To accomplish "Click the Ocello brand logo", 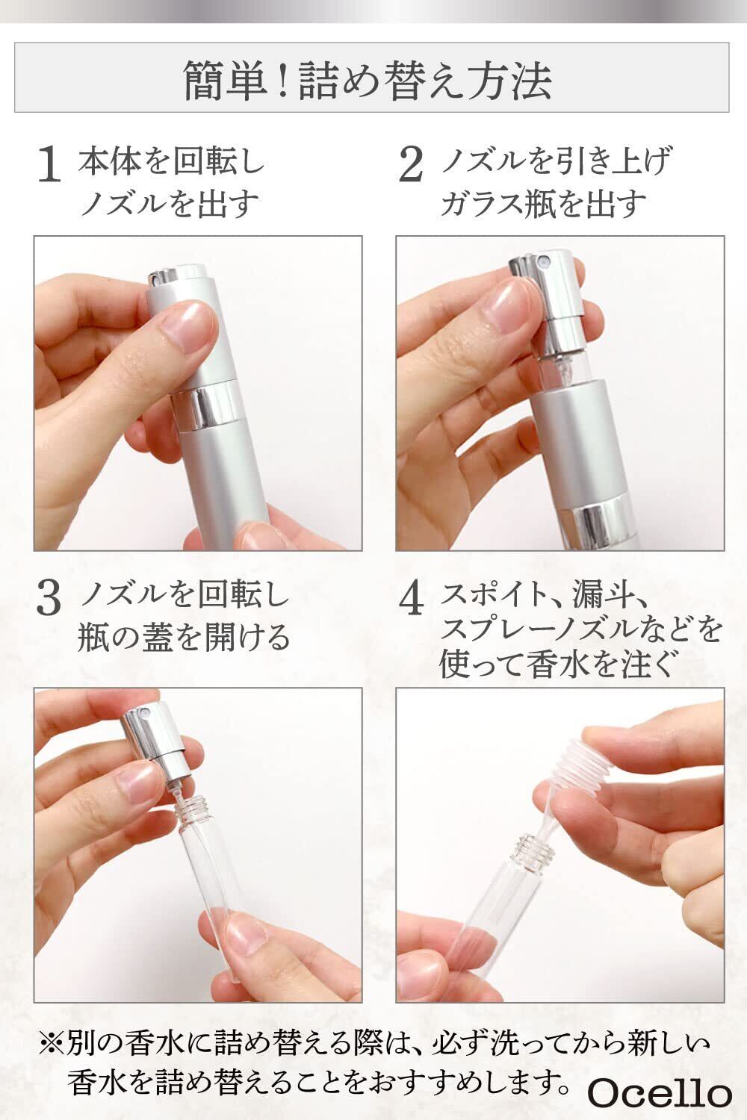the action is tap(660, 1093).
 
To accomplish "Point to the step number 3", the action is tap(49, 600).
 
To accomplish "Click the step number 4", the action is tap(412, 600).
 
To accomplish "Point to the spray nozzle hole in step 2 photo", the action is tap(544, 261).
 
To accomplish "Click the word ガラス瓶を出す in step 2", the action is tap(543, 205).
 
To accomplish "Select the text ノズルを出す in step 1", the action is tap(170, 205).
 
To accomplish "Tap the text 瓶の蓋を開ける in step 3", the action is tap(184, 638).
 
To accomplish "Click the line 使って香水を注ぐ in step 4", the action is tap(555, 665).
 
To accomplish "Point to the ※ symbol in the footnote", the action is tap(51, 1044).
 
